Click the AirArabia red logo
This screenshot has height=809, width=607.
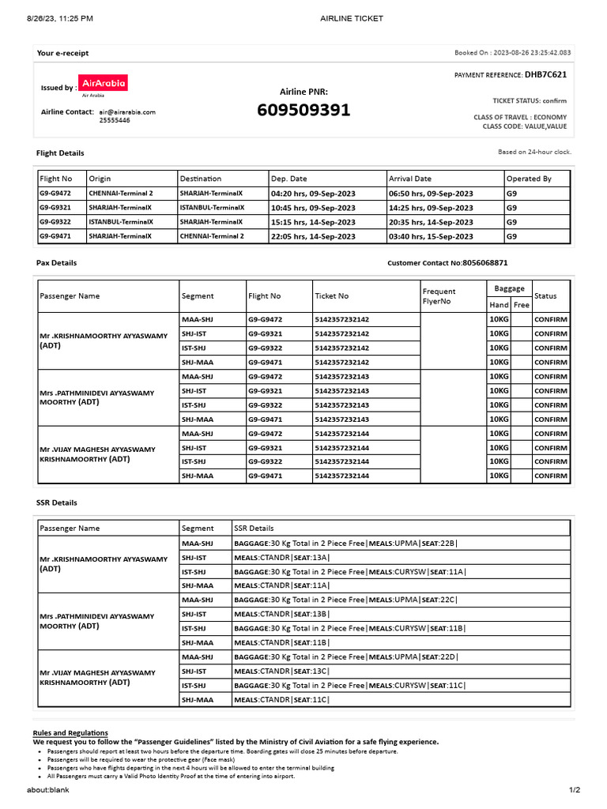pyautogui.click(x=104, y=83)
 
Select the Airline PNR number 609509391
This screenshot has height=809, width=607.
pyautogui.click(x=303, y=111)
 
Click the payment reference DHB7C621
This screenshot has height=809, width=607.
pyautogui.click(x=545, y=75)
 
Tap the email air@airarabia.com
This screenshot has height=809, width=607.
pyautogui.click(x=127, y=112)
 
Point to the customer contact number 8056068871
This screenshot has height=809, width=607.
pyautogui.click(x=485, y=262)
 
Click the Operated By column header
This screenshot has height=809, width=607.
pyautogui.click(x=529, y=179)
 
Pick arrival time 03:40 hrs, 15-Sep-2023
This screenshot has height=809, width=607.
pyautogui.click(x=431, y=236)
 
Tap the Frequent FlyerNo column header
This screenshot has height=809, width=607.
pyautogui.click(x=439, y=295)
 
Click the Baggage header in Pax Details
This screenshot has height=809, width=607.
pyautogui.click(x=510, y=289)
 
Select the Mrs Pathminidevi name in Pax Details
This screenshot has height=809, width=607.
pyautogui.click(x=97, y=397)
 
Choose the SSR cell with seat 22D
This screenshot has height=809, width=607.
pyautogui.click(x=345, y=657)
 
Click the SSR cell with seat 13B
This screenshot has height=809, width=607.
pyautogui.click(x=281, y=614)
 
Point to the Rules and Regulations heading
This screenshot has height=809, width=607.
pyautogui.click(x=70, y=732)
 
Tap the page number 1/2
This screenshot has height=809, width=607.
pyautogui.click(x=575, y=790)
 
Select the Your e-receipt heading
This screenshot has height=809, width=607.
pyautogui.click(x=62, y=53)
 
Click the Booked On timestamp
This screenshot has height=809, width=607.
pyautogui.click(x=512, y=53)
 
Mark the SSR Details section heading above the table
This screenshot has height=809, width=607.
pyautogui.click(x=57, y=502)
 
